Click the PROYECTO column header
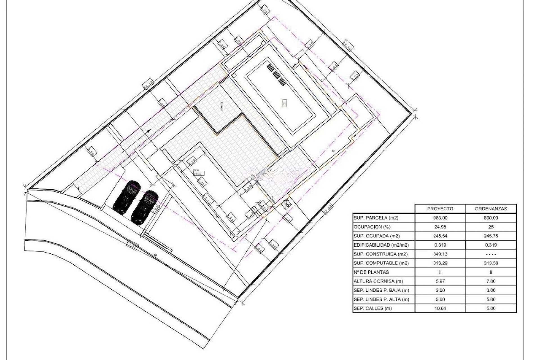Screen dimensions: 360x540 [x=440, y=209]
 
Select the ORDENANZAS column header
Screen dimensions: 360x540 [x=491, y=209]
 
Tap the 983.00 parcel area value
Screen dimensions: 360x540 [x=440, y=218]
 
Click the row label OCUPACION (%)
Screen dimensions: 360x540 [x=372, y=227]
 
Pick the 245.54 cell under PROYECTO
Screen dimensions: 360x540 [x=440, y=236]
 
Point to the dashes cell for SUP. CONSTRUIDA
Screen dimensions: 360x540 [x=491, y=254]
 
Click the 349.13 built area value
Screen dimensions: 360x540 [x=440, y=254]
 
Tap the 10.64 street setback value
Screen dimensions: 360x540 [x=440, y=308]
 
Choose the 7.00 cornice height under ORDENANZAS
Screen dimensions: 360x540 [x=491, y=281]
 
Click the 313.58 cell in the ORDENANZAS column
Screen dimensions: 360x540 [x=491, y=263]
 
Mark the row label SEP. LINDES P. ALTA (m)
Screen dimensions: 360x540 [x=381, y=299]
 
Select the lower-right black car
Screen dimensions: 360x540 [x=145, y=207]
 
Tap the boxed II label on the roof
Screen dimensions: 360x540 [x=284, y=103]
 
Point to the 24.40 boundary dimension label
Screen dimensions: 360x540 [x=347, y=46]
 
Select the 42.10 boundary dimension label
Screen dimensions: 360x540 [x=148, y=84]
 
